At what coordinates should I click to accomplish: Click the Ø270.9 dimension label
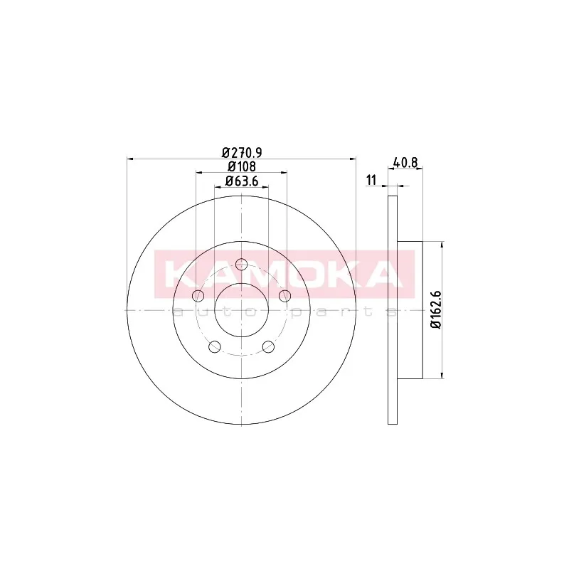click(242, 152)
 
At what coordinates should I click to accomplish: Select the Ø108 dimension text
click(242, 166)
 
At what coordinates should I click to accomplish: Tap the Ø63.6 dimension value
click(242, 181)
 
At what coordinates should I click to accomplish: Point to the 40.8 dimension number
click(405, 162)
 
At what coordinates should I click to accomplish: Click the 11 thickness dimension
click(371, 180)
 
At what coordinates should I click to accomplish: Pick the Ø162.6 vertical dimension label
click(435, 309)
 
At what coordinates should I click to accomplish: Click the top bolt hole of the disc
click(241, 264)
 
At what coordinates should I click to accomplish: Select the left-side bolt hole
click(198, 296)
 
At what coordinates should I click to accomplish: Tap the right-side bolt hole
click(285, 296)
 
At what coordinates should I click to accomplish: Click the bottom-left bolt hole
click(215, 346)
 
